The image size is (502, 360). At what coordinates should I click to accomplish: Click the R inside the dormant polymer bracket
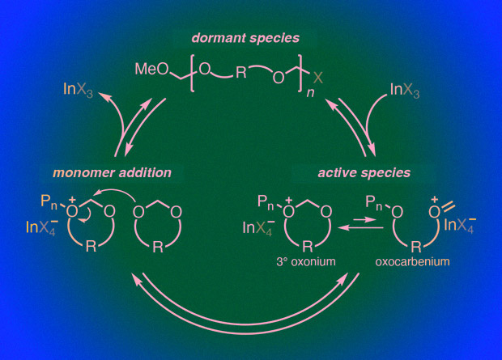(x=241, y=72)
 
